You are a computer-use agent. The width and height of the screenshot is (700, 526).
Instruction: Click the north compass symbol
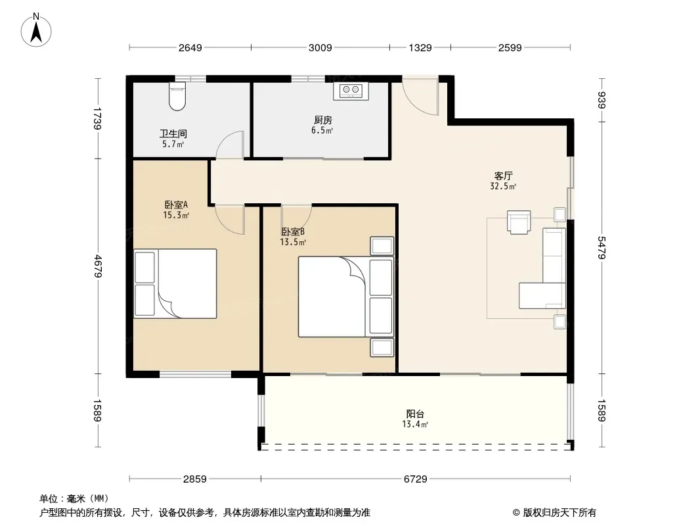36,30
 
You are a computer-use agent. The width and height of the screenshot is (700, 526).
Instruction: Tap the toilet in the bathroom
177,96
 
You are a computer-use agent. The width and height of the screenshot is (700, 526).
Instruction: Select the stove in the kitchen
351,91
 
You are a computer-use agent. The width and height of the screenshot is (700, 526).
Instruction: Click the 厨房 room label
323,120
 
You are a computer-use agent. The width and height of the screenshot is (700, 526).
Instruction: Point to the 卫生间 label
173,133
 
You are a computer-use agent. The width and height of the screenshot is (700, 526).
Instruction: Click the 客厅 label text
503,176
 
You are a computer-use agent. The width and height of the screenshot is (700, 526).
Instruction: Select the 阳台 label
415,414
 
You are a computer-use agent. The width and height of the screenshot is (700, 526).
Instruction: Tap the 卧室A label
176,204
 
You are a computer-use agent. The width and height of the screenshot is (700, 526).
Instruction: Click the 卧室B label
293,232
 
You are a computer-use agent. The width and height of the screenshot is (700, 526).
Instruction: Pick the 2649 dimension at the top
190,47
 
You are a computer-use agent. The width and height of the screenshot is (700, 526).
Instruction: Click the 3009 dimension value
320,47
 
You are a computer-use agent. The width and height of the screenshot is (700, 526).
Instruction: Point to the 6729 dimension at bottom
415,479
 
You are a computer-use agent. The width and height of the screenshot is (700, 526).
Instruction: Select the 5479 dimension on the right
602,248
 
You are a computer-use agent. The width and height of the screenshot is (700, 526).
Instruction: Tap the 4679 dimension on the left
98,266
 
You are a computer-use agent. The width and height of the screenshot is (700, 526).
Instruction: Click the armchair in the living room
519,222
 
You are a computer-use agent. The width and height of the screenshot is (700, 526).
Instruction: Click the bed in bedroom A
175,284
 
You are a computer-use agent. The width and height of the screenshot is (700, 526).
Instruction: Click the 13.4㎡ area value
415,424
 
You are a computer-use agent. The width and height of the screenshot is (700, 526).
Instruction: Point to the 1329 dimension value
420,47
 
